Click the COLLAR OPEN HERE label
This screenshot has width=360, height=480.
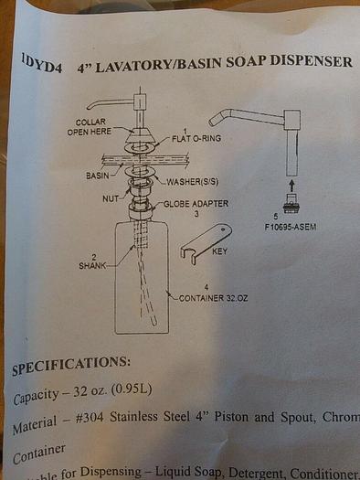(x=90, y=126)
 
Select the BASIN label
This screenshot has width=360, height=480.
(x=98, y=174)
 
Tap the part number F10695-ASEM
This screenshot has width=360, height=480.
(x=291, y=227)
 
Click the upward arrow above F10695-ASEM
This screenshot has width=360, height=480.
(x=291, y=185)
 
